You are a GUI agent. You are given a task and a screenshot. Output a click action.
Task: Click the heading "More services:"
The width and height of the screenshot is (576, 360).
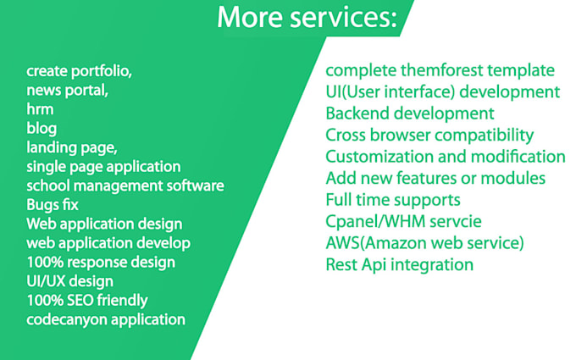[307, 17]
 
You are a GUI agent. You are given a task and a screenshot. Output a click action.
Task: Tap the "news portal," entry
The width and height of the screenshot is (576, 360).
[67, 90]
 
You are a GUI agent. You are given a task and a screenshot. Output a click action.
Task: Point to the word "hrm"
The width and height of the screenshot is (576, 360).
[39, 109]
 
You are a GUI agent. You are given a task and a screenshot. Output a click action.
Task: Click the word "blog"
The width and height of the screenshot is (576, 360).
[42, 128]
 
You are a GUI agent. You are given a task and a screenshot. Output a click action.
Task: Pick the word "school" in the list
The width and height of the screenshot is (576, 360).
[47, 186]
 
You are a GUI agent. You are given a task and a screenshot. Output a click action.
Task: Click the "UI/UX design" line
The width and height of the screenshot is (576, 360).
[69, 280]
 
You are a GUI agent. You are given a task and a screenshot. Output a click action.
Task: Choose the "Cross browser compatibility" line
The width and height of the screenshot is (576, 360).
[429, 135]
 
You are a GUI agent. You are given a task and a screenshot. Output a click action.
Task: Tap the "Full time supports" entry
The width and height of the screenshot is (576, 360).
[393, 200]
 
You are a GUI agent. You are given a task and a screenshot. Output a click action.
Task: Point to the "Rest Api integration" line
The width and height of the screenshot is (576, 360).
[399, 265]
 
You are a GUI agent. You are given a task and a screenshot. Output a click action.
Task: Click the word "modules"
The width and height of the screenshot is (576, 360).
[516, 179]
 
